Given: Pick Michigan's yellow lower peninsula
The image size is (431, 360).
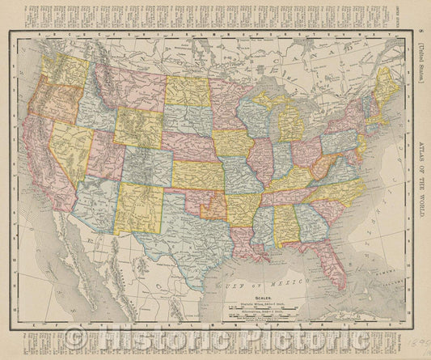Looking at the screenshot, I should point(290,125).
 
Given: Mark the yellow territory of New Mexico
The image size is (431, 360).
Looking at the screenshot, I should point(141,207).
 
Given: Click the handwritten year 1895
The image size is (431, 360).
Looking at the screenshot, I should point(418,344).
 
